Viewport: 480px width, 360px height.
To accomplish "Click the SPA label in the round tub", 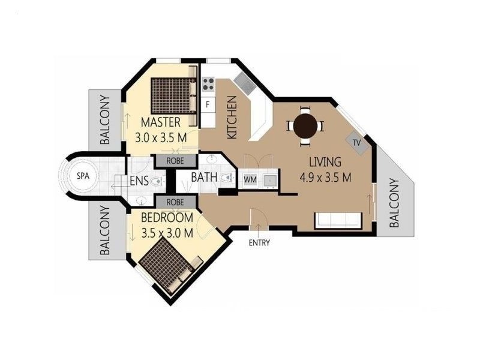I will tap(80, 176).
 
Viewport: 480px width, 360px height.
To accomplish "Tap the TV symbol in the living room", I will tap(356, 143).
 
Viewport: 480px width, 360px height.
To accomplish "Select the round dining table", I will tap(306, 127).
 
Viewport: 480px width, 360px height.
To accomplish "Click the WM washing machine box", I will tap(249, 179).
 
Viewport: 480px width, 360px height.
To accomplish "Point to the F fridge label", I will tap(208, 104).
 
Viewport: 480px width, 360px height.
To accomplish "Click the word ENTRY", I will tap(259, 243).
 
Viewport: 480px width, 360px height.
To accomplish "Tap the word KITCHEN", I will tap(233, 118).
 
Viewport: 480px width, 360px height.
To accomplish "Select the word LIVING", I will tap(325, 162).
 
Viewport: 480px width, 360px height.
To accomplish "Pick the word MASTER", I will tap(161, 124).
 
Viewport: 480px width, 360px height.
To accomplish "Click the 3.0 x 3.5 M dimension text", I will tap(161, 137).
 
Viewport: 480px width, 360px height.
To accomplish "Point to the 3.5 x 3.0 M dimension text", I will tap(167, 232).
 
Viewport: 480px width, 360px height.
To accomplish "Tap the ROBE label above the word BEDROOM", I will tap(175, 202).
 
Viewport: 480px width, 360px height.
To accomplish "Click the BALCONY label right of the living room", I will tap(395, 203).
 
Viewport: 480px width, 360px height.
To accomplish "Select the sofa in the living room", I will tap(338, 220).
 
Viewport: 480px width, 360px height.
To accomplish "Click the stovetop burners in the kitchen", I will tap(209, 85).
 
